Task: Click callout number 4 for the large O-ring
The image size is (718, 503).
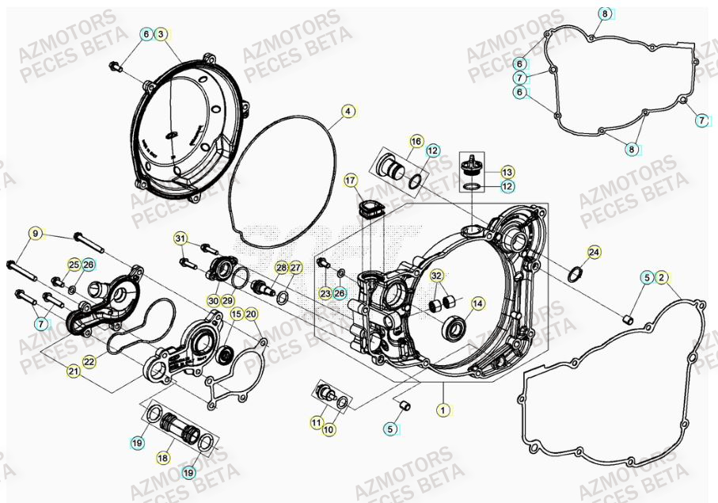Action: tap(347, 112)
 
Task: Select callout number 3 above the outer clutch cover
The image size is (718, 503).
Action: tap(161, 34)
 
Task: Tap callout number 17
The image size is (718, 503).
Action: tap(351, 181)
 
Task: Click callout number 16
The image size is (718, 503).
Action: tap(416, 140)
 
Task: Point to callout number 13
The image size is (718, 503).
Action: tap(507, 171)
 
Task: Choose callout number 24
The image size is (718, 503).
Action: tap(594, 253)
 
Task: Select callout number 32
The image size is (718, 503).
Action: tap(436, 276)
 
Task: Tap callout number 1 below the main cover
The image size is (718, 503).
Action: tap(443, 410)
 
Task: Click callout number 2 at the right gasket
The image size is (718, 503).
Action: tap(663, 277)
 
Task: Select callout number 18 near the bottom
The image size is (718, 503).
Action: tap(163, 458)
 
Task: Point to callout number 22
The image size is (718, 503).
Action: tap(89, 361)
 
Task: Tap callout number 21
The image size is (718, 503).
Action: tap(73, 371)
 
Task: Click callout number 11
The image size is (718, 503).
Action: tap(316, 424)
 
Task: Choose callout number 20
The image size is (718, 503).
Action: tap(251, 314)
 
